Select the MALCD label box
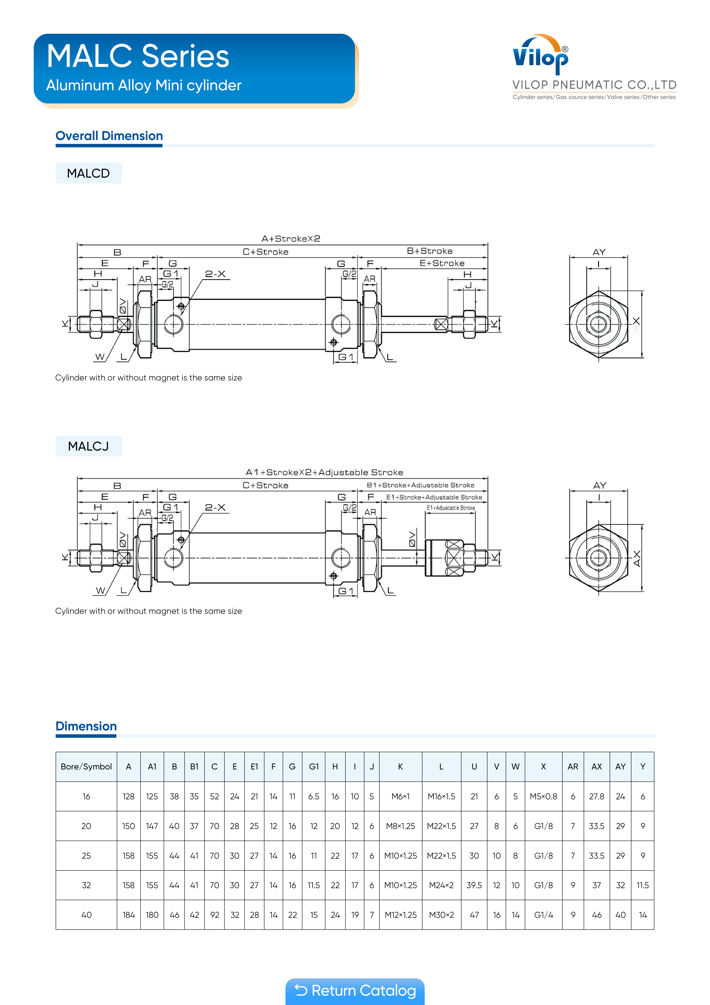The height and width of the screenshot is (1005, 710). click(88, 173)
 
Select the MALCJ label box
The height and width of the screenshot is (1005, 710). click(88, 446)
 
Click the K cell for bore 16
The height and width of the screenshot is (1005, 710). click(400, 796)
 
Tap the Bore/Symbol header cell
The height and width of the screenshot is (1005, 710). click(86, 766)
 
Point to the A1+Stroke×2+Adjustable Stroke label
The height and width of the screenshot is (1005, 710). click(324, 472)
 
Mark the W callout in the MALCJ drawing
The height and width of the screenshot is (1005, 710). click(100, 590)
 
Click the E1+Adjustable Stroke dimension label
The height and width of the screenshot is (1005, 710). click(451, 508)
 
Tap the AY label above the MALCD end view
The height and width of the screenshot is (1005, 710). click(599, 252)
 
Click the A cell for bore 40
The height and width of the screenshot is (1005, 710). click(129, 915)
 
